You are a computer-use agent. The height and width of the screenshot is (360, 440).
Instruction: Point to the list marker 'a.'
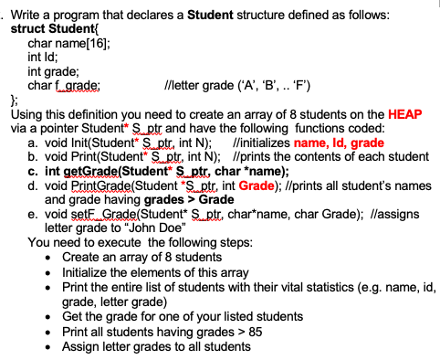(x=34, y=143)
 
